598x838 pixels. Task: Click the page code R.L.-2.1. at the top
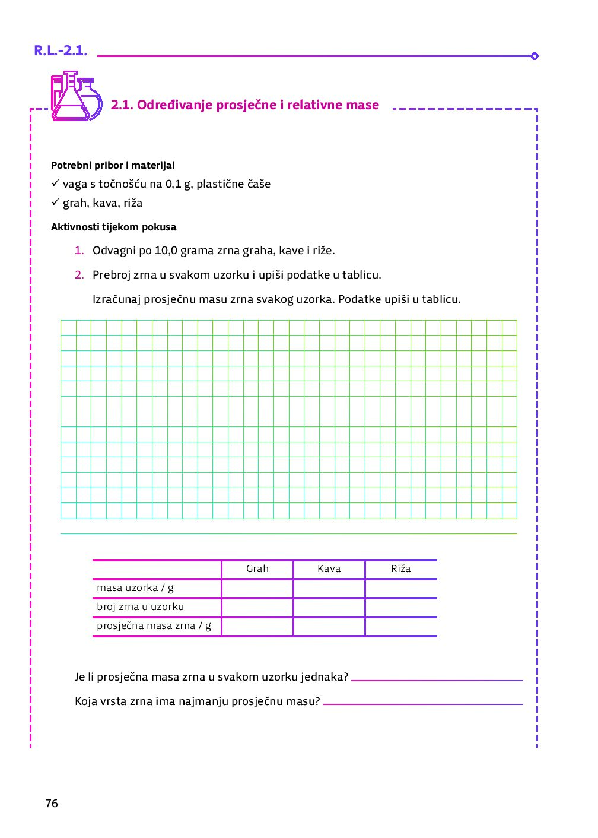point(61,51)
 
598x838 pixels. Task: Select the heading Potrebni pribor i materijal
point(113,166)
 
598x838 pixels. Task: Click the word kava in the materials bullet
point(105,203)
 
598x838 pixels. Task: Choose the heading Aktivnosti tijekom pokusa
point(113,227)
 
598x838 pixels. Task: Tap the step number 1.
point(79,251)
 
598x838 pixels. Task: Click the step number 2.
point(79,275)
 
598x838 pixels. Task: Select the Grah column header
point(257,569)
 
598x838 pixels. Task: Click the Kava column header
point(329,569)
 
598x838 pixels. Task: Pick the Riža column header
point(401,569)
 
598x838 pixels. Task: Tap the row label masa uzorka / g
point(135,588)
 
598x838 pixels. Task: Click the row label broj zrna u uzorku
point(141,607)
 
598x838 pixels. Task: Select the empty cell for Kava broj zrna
point(329,608)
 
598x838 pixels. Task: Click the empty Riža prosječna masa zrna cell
point(401,627)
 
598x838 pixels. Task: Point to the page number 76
point(52,804)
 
